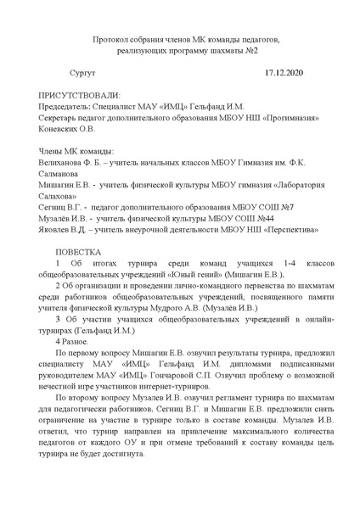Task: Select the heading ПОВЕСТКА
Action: click(78, 252)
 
